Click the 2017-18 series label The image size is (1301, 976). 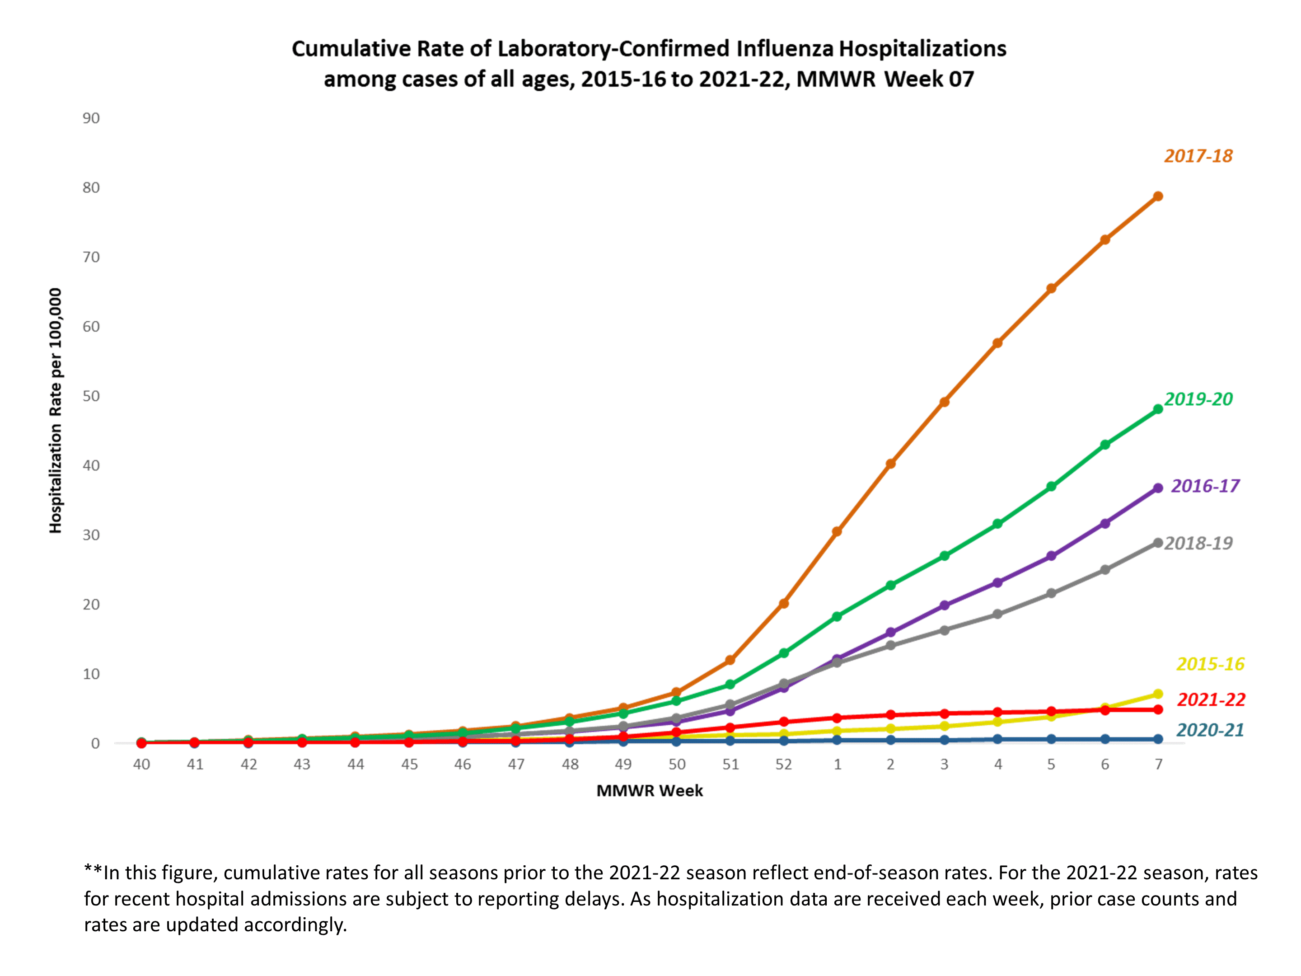click(x=1198, y=156)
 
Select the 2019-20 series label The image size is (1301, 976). click(x=1198, y=399)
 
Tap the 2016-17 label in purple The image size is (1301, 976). click(x=1204, y=486)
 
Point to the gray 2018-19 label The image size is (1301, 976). click(x=1198, y=543)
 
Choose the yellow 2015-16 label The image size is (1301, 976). click(x=1210, y=664)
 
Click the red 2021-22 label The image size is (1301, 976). click(x=1210, y=699)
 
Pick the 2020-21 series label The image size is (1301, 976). click(x=1210, y=730)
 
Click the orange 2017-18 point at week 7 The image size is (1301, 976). click(x=1157, y=197)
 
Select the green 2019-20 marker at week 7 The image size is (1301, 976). click(x=1157, y=409)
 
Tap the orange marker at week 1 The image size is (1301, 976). click(x=837, y=531)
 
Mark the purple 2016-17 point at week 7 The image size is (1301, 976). click(x=1157, y=488)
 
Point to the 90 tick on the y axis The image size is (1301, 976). click(x=91, y=118)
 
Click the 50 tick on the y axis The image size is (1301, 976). click(x=91, y=396)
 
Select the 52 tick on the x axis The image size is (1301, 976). click(x=783, y=764)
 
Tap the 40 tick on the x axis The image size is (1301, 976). click(x=141, y=764)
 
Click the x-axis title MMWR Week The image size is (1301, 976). click(x=649, y=791)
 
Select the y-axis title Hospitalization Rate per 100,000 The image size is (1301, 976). click(x=55, y=411)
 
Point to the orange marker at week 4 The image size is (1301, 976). click(x=997, y=343)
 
